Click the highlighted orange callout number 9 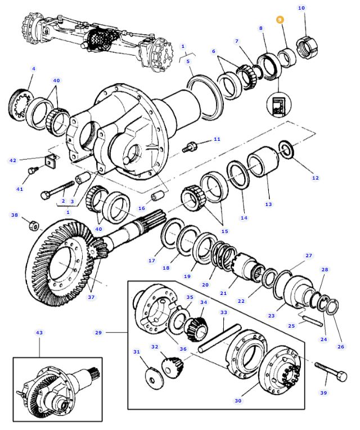(280, 20)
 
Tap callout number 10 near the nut (301, 8)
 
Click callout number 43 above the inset (39, 333)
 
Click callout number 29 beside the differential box (98, 333)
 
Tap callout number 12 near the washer (315, 178)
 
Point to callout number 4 (33, 69)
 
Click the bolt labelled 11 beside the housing (190, 147)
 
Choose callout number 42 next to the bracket (13, 160)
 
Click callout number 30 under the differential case (238, 401)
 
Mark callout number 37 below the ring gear (92, 297)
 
